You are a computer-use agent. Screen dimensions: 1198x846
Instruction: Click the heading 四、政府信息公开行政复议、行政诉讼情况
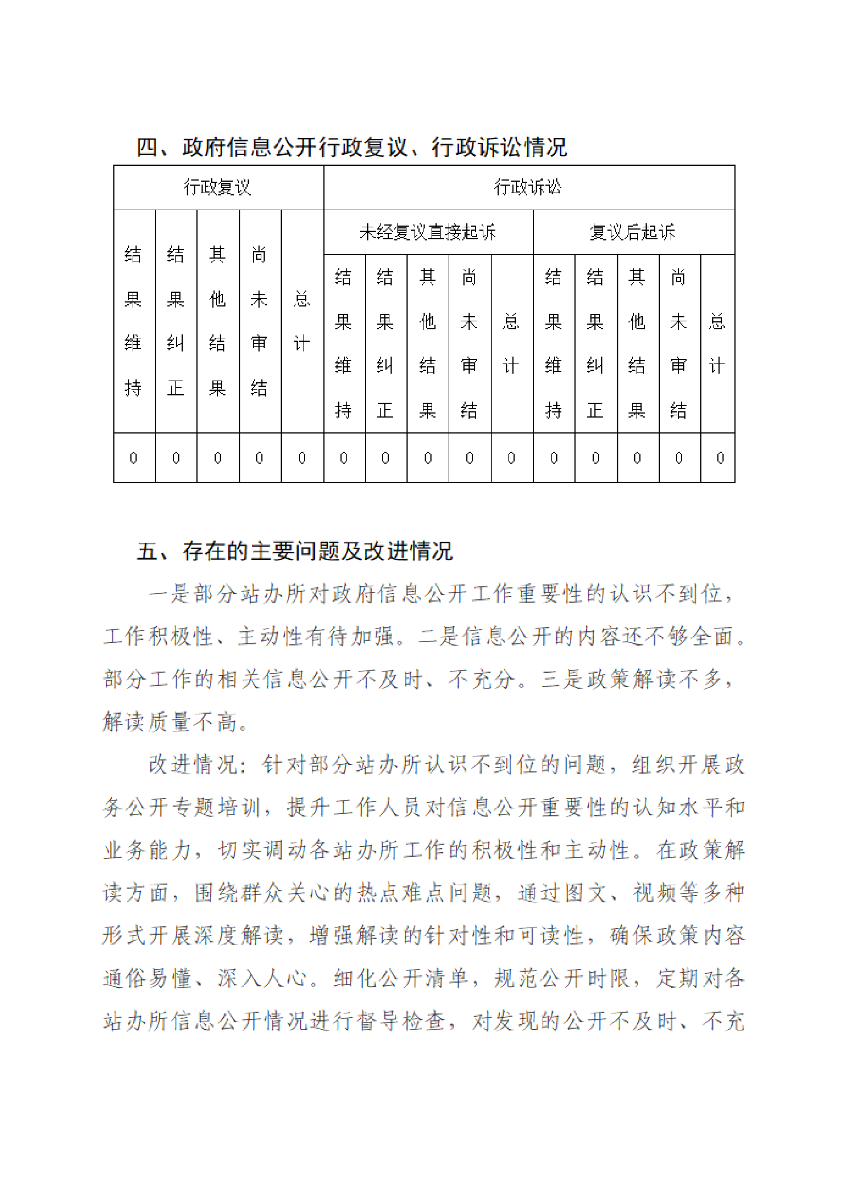(351, 147)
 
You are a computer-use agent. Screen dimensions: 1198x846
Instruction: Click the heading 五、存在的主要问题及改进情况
(294, 551)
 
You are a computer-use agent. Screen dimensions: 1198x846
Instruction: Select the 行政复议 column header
(218, 187)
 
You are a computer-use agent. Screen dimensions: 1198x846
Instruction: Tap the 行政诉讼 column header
(528, 187)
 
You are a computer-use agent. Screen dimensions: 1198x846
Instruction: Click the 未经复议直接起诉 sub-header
(428, 232)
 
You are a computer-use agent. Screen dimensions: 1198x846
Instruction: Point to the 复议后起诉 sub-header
(633, 232)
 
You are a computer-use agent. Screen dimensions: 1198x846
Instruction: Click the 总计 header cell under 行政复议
(302, 321)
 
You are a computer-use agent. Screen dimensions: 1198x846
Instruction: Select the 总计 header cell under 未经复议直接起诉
(511, 344)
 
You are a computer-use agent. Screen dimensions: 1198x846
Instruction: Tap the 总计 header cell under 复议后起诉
(717, 344)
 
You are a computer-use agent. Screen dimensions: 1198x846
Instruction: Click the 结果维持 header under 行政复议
(134, 321)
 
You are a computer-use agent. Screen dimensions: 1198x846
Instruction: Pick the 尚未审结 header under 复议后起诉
(679, 344)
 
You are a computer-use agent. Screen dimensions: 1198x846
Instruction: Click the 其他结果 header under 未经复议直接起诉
(428, 344)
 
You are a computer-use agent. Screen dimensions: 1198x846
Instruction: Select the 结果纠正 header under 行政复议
(176, 321)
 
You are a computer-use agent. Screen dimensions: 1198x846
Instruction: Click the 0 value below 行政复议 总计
(302, 458)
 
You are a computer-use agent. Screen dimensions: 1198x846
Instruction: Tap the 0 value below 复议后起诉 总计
(720, 458)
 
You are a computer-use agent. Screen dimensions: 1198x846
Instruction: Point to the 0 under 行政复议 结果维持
(134, 458)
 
